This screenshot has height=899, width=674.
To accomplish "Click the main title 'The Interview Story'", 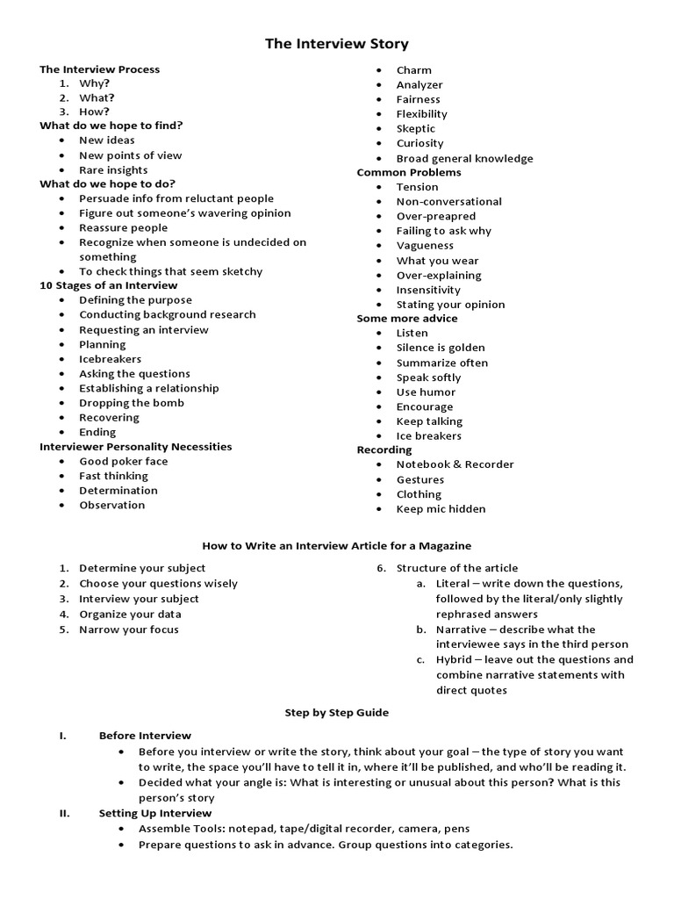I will coord(337,44).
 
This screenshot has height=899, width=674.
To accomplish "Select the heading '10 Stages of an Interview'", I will coord(109,285).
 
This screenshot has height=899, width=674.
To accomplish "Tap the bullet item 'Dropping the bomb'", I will coord(132,403).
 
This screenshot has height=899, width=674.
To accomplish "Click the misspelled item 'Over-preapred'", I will coord(435,216).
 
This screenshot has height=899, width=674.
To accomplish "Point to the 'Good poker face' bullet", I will coord(123,461).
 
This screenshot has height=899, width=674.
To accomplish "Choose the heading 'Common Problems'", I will coord(409,172).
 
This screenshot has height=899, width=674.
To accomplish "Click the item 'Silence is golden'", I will coord(441,348).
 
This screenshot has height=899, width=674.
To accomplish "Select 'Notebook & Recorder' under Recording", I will coord(455,464).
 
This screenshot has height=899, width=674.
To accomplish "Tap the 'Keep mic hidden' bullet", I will coord(441,508).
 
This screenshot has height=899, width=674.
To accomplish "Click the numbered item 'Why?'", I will coord(94,83).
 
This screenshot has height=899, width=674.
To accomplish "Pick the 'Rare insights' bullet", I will coord(113,169).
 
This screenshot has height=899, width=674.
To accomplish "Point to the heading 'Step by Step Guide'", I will coord(337,713).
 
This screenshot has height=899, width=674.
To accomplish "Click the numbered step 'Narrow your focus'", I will coord(128,629).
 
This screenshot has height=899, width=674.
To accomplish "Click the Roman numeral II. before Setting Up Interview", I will coord(65,814).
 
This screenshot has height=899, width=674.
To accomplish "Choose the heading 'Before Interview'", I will coord(145,736).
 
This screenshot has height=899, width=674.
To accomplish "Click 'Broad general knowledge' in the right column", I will coord(464,158).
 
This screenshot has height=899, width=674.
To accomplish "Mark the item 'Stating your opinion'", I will coord(450,305).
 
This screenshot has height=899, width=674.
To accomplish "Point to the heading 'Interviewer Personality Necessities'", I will coord(136,447).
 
